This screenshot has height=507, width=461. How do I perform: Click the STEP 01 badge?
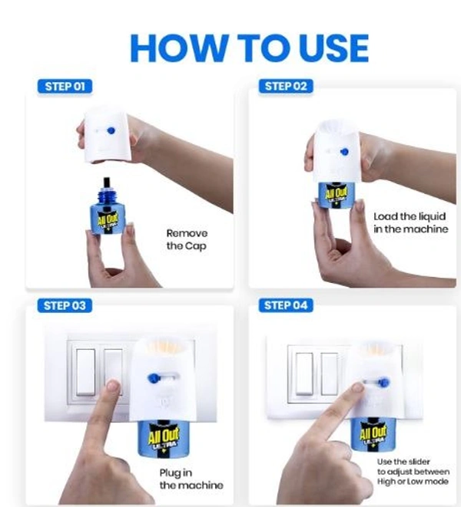[x=65, y=87]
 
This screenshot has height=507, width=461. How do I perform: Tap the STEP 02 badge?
[x=286, y=87]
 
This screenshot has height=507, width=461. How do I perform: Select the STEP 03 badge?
[x=65, y=305]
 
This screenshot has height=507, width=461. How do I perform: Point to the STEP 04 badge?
[x=286, y=305]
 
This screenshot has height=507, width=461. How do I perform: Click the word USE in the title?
[x=333, y=48]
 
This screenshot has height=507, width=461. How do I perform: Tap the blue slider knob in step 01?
[x=111, y=130]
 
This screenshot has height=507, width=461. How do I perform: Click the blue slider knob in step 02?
[x=344, y=152]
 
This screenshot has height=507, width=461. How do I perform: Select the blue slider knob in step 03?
[x=153, y=378]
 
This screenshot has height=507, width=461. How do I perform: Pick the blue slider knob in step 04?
[x=383, y=383]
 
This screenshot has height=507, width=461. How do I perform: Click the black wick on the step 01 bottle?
[x=106, y=183]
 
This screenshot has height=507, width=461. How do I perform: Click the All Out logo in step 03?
[x=164, y=435]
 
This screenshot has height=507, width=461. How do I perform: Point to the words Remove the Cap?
[x=187, y=239]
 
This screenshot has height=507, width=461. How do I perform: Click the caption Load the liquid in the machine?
[x=411, y=222]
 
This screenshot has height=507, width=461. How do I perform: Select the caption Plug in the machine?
[x=191, y=479]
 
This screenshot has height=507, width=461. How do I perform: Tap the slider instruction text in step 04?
[x=413, y=472]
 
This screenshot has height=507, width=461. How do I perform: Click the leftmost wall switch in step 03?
[x=86, y=372]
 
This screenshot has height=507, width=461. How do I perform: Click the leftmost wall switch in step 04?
[x=304, y=374]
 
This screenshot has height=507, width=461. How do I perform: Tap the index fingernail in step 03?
[x=114, y=385]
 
